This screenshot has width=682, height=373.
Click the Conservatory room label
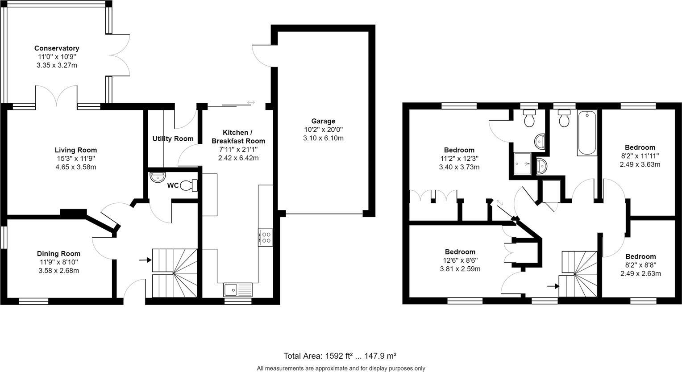pyautogui.click(x=57, y=48)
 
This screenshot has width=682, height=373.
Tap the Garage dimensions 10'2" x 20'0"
pyautogui.click(x=323, y=130)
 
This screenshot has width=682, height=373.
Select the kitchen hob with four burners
pyautogui.click(x=266, y=237)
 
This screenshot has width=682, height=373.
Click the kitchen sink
pyautogui.click(x=237, y=290)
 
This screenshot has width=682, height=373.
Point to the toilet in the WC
pyautogui.click(x=191, y=185)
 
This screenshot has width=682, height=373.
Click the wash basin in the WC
pyautogui.click(x=158, y=177)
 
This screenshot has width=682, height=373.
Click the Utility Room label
pyautogui.click(x=173, y=138)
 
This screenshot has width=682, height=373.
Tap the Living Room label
pyautogui.click(x=75, y=150)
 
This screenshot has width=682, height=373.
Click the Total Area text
pyautogui.click(x=340, y=356)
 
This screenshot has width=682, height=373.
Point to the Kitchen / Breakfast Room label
pyautogui.click(x=238, y=137)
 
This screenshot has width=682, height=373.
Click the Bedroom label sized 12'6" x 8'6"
pyautogui.click(x=460, y=252)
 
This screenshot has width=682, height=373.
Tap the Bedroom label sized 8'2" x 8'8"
pyautogui.click(x=640, y=256)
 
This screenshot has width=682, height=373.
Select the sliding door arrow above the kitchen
pyautogui.click(x=251, y=103)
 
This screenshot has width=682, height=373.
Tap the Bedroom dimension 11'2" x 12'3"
pyautogui.click(x=459, y=159)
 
